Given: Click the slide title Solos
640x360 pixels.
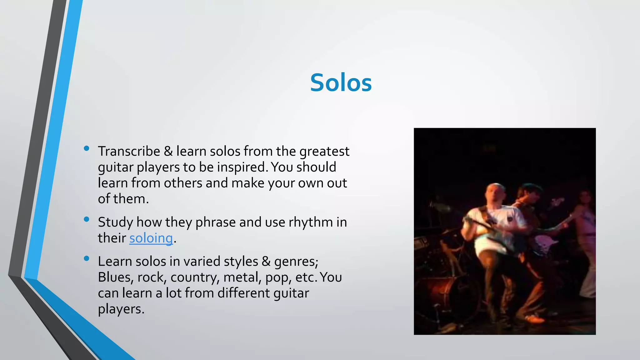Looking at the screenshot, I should pos(341,83).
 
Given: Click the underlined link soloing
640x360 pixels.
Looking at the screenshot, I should pos(151,238).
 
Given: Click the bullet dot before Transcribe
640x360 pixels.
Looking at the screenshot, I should pos(87,149).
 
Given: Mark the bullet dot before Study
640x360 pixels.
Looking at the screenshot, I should pos(87,219).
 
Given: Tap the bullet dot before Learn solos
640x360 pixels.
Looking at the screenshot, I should pos(87,259).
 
